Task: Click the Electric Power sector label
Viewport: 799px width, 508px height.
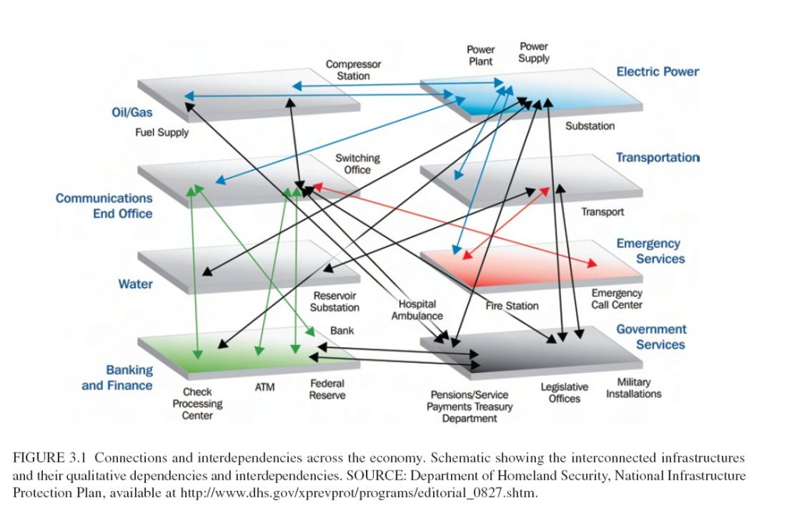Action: tap(657, 72)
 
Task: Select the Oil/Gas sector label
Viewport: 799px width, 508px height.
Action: tap(132, 112)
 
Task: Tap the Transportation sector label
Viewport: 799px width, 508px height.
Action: tap(657, 158)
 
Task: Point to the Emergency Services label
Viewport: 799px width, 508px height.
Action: tap(649, 251)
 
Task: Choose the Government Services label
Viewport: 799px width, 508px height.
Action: tap(652, 337)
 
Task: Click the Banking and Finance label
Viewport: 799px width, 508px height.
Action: tap(118, 378)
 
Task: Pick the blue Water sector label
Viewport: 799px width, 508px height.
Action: tap(135, 284)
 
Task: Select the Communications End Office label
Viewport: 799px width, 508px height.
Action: tap(104, 206)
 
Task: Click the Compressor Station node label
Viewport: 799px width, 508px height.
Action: tap(353, 70)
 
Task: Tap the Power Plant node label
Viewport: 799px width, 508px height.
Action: tap(481, 55)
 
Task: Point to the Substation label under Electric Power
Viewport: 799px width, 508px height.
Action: tap(589, 126)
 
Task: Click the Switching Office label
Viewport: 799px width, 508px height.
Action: tap(357, 164)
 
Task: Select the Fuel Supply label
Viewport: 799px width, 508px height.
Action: tap(162, 133)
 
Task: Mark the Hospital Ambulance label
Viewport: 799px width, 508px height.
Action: tap(417, 310)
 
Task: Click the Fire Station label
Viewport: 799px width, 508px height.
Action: tap(512, 306)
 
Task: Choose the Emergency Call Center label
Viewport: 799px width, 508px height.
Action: tap(616, 299)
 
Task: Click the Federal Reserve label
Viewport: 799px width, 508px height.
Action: tap(327, 389)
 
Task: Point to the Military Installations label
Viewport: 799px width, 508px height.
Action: tap(634, 388)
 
